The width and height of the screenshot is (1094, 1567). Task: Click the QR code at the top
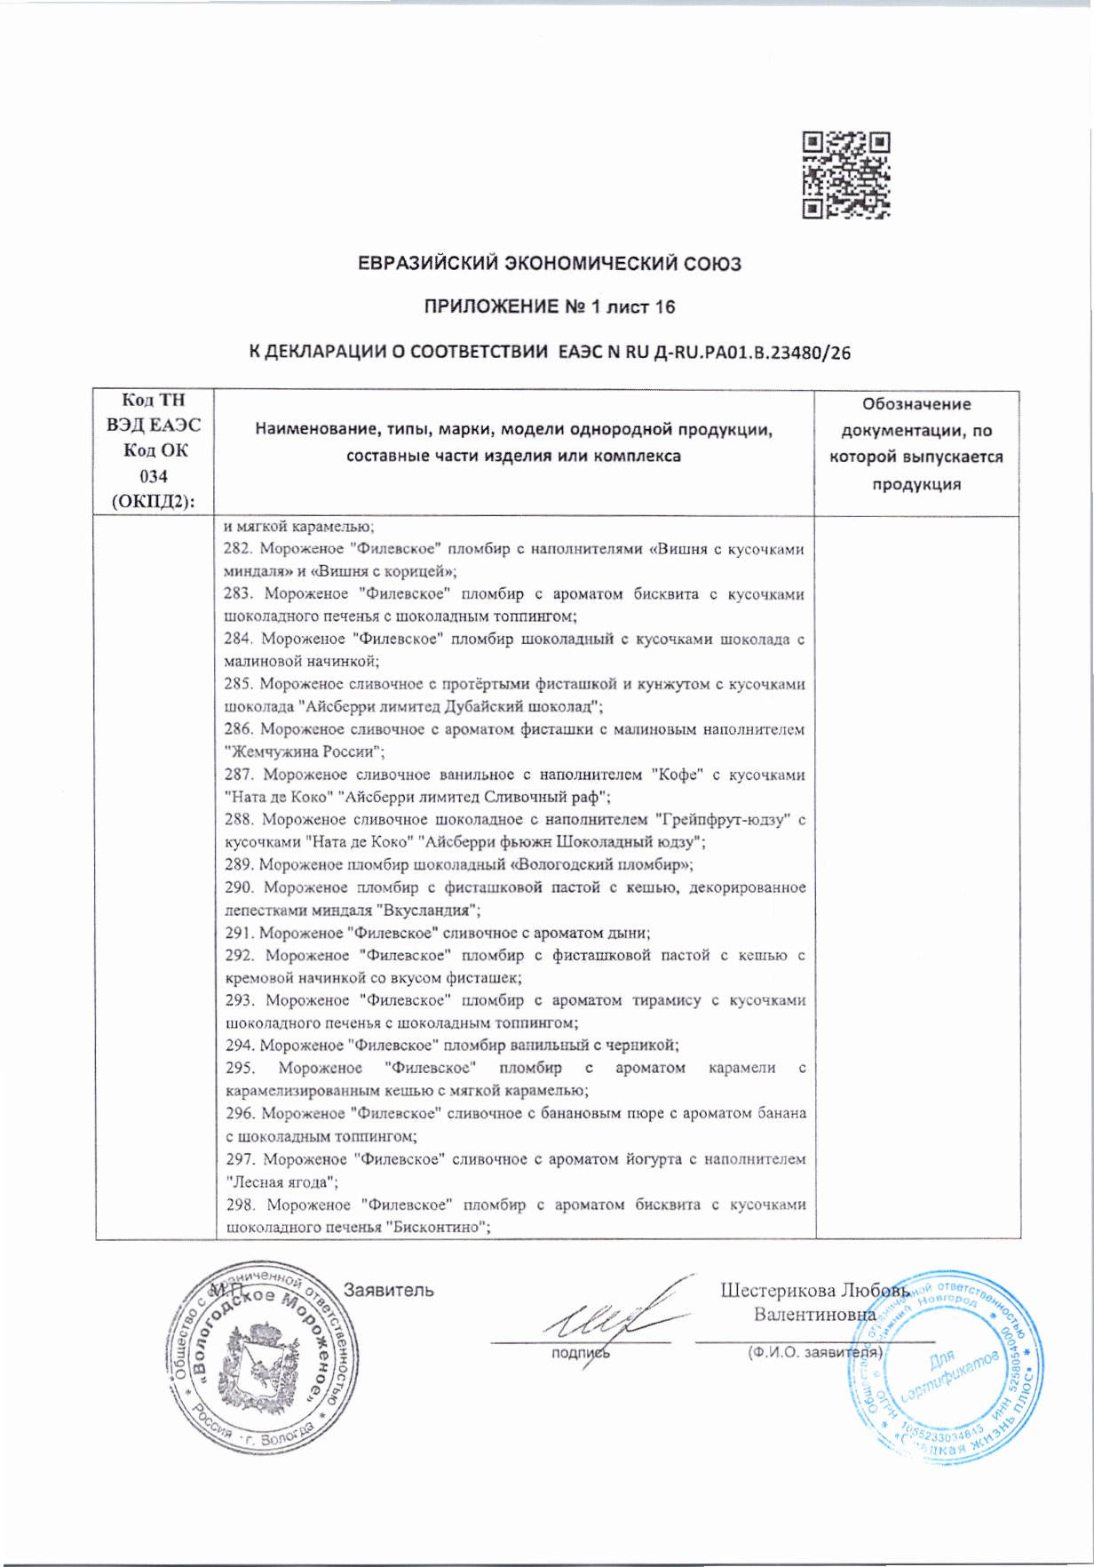(845, 175)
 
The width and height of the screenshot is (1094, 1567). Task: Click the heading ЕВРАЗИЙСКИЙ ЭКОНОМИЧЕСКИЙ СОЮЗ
(548, 264)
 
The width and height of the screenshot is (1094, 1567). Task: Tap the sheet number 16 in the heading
(664, 307)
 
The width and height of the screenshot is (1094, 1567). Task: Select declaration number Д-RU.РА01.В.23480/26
(751, 353)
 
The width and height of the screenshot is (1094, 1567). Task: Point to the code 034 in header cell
(154, 475)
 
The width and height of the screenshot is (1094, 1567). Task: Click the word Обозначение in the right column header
(916, 404)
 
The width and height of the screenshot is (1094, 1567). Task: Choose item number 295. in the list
(240, 1068)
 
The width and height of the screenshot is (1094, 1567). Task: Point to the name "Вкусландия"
(429, 910)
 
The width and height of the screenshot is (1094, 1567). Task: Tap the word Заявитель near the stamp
(388, 1290)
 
